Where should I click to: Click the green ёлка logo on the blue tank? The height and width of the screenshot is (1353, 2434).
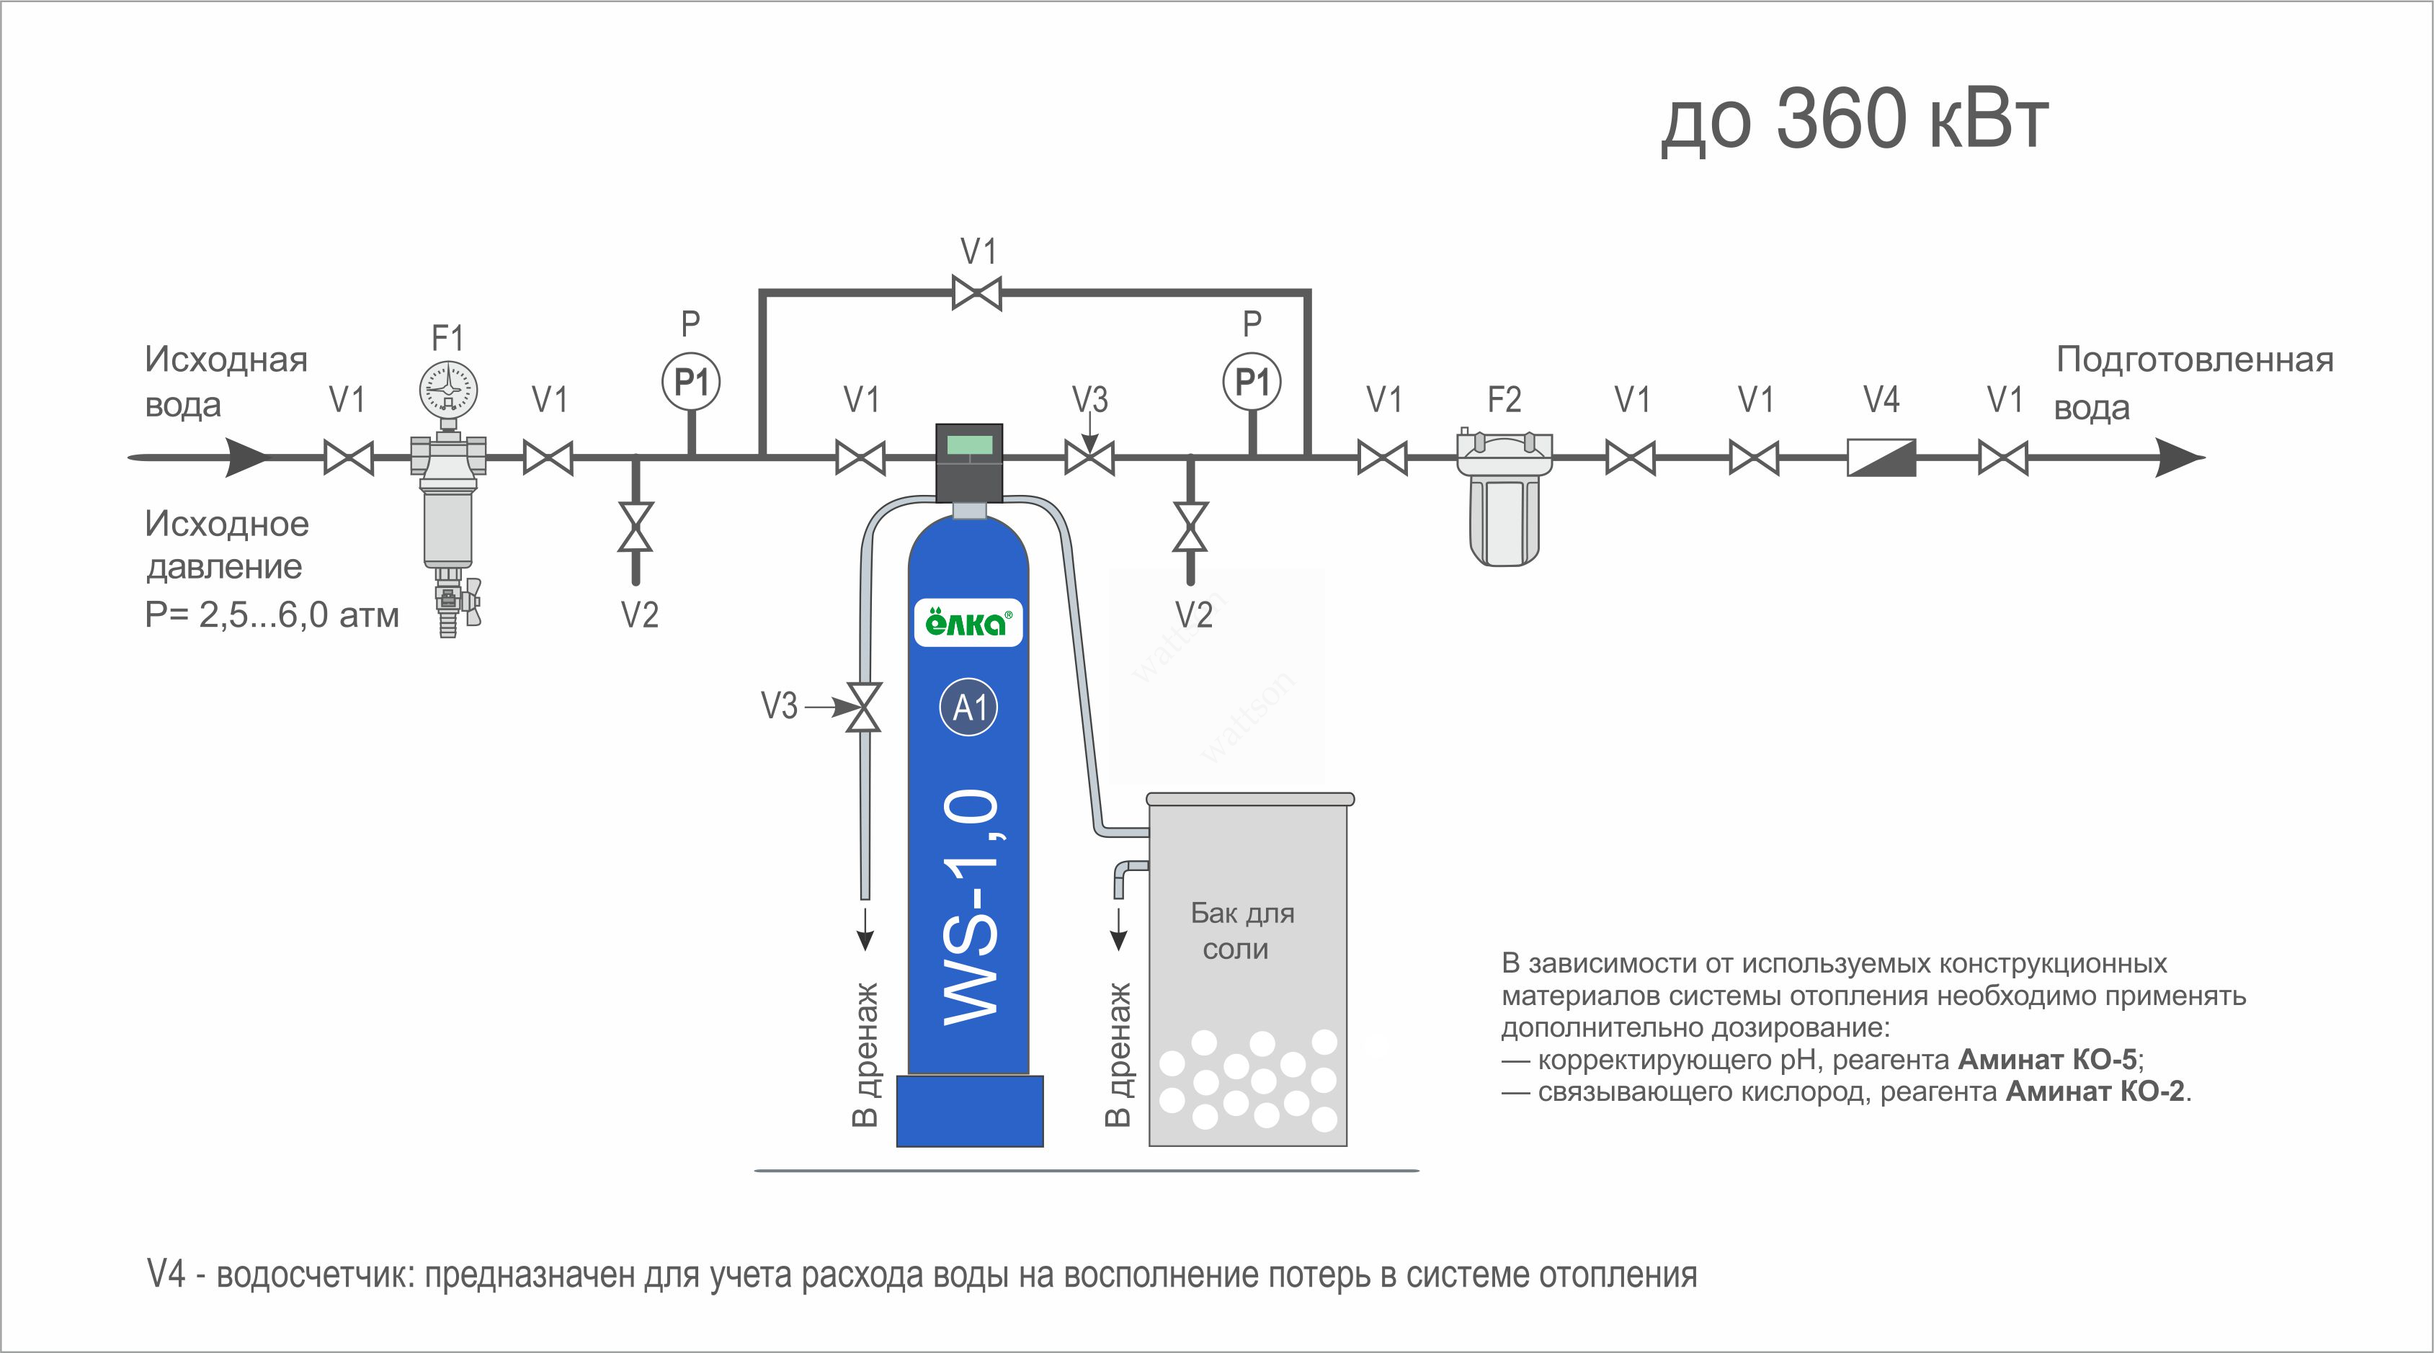968,622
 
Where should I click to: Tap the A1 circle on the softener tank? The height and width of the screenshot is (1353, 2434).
969,707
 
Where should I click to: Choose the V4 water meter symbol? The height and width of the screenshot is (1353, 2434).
1881,458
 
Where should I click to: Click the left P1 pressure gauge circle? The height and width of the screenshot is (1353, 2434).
691,383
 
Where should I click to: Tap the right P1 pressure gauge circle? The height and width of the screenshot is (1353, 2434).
1252,383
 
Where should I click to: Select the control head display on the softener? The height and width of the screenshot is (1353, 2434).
968,444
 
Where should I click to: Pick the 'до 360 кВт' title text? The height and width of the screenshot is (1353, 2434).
1854,120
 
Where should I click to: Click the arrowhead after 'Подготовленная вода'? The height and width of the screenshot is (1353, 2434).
2179,458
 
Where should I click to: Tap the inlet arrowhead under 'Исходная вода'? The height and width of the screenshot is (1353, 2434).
248,457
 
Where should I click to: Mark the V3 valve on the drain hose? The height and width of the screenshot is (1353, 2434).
862,707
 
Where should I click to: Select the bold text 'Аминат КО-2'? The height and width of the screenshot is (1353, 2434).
2095,1091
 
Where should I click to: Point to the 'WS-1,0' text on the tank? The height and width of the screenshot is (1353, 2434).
971,907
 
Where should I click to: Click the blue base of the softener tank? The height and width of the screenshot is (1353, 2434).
969,1111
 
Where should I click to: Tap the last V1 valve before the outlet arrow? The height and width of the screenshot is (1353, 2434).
2003,458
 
